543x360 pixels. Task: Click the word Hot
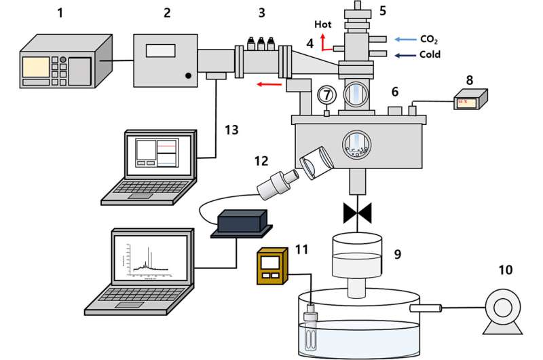coord(323,24)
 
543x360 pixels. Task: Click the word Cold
coord(429,54)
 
